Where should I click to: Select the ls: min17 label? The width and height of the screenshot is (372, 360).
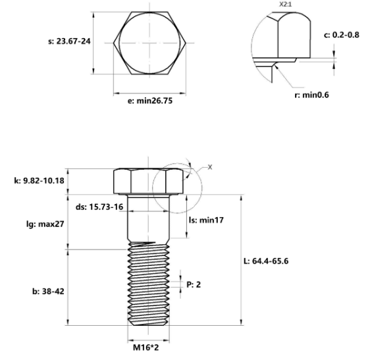(206, 220)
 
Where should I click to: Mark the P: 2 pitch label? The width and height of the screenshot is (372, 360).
(194, 285)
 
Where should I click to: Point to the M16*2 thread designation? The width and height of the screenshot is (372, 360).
(147, 346)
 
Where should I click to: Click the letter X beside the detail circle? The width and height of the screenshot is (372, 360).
(210, 167)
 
